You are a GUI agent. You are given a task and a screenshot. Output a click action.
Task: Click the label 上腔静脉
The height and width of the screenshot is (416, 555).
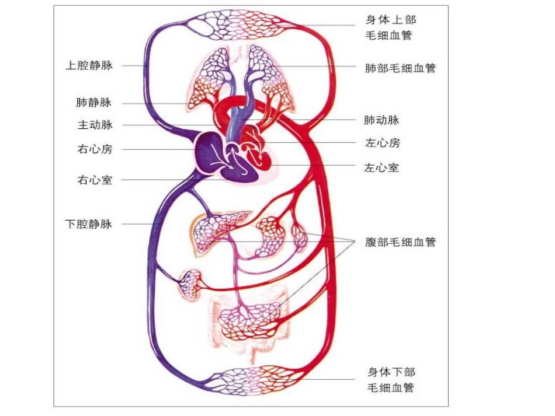pyautogui.click(x=89, y=65)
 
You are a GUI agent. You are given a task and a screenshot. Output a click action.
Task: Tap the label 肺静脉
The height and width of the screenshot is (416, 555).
pyautogui.click(x=93, y=103)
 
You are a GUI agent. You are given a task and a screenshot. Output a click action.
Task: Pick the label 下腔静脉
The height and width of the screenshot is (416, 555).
pyautogui.click(x=89, y=223)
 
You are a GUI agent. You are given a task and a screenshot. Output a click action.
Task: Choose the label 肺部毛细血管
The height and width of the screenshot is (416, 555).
pyautogui.click(x=400, y=68)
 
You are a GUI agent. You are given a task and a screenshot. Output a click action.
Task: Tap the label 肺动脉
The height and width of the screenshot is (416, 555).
pyautogui.click(x=381, y=120)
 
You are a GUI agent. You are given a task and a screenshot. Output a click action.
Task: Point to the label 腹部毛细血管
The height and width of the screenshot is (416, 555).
pyautogui.click(x=400, y=242)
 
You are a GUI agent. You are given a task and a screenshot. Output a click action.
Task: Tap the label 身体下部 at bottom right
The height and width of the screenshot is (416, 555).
pyautogui.click(x=391, y=372)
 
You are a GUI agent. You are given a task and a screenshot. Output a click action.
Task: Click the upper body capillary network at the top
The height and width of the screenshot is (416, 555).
pyautogui.click(x=242, y=26)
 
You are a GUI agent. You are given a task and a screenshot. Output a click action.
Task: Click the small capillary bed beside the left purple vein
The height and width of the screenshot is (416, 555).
pyautogui.click(x=190, y=284)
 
